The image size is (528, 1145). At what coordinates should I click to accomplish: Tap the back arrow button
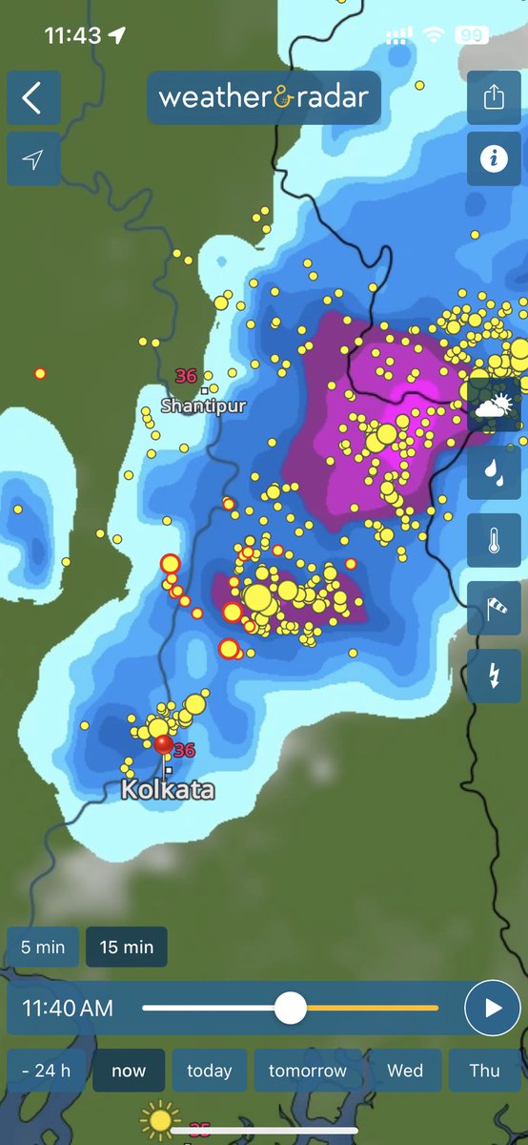(33, 97)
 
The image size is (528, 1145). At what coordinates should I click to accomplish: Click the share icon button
(494, 97)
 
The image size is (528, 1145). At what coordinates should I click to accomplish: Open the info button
(494, 158)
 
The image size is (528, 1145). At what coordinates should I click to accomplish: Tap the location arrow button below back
(33, 159)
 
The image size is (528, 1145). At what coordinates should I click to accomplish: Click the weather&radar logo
(263, 97)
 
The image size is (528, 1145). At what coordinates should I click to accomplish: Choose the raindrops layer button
(494, 472)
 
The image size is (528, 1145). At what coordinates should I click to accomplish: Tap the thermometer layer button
(494, 540)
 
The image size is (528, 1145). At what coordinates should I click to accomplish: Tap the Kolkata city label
(168, 790)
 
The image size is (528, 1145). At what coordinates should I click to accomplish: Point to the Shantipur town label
(203, 406)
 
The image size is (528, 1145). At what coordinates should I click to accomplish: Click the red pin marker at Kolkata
(164, 743)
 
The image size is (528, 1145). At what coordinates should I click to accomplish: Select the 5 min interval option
(44, 947)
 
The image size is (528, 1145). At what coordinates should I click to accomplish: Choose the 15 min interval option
(126, 947)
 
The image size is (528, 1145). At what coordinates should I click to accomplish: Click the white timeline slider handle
(290, 1008)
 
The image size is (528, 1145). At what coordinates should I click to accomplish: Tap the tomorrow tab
(307, 1071)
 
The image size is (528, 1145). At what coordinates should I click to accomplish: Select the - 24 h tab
(46, 1071)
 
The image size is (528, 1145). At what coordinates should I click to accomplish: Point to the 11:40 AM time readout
(68, 1008)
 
